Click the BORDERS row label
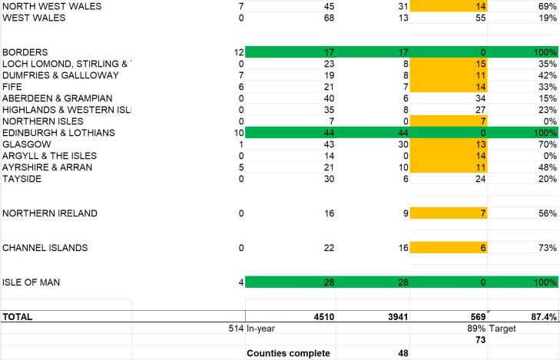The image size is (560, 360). pyautogui.click(x=25, y=52)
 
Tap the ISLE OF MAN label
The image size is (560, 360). pyautogui.click(x=31, y=282)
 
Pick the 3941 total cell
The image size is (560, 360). pyautogui.click(x=394, y=316)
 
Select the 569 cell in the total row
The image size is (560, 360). pyautogui.click(x=476, y=316)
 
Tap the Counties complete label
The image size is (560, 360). pyautogui.click(x=288, y=353)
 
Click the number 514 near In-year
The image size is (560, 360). pyautogui.click(x=236, y=329)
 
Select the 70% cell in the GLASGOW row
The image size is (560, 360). pyautogui.click(x=547, y=144)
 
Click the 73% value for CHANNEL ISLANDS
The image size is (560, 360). pyautogui.click(x=547, y=248)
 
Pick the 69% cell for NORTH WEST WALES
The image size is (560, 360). pyautogui.click(x=547, y=6)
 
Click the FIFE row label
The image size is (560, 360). pyautogui.click(x=13, y=87)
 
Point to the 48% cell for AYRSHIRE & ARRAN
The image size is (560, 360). pyautogui.click(x=547, y=167)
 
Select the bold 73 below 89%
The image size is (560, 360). pyautogui.click(x=480, y=341)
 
